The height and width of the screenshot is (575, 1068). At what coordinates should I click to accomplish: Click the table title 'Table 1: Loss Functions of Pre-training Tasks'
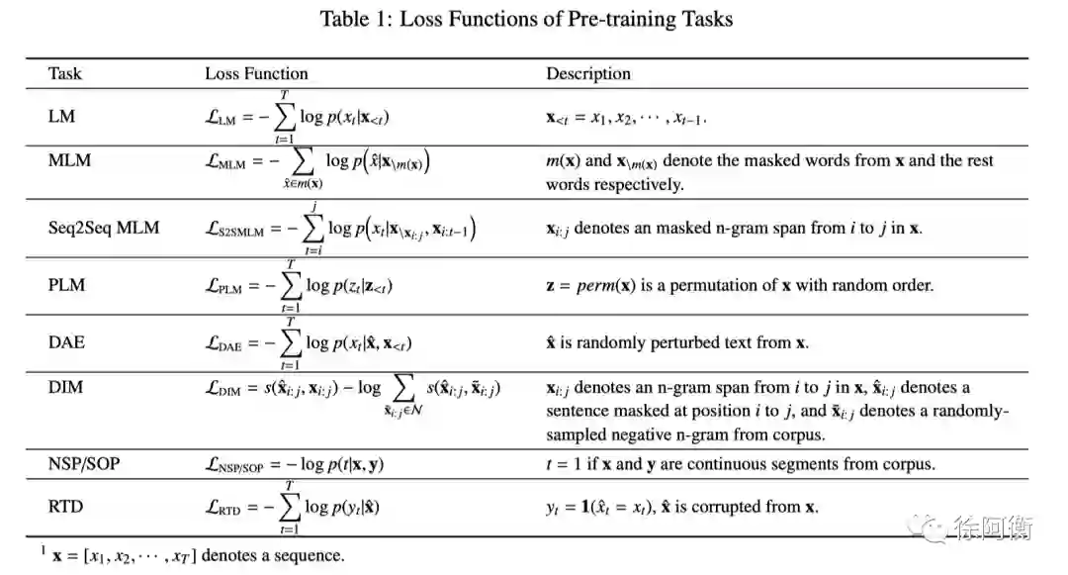click(527, 20)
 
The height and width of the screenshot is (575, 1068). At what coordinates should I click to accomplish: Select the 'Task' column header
click(65, 73)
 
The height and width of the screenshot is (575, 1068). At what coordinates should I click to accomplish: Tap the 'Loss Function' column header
click(256, 73)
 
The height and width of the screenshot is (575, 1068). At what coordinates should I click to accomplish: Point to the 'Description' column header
click(588, 73)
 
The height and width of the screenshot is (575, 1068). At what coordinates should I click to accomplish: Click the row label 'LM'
click(61, 116)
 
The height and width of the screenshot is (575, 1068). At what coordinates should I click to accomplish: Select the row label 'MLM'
click(69, 160)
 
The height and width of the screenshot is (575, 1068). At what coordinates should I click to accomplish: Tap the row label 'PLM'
click(66, 285)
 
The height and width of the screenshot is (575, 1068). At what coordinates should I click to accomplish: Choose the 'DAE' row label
click(66, 342)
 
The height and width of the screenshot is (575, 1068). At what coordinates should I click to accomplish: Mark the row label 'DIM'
click(65, 388)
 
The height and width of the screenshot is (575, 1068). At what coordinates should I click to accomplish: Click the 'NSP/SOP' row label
click(85, 463)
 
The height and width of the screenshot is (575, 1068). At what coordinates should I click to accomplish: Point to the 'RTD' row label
click(66, 507)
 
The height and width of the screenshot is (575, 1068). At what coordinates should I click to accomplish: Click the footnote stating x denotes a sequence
click(198, 555)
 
